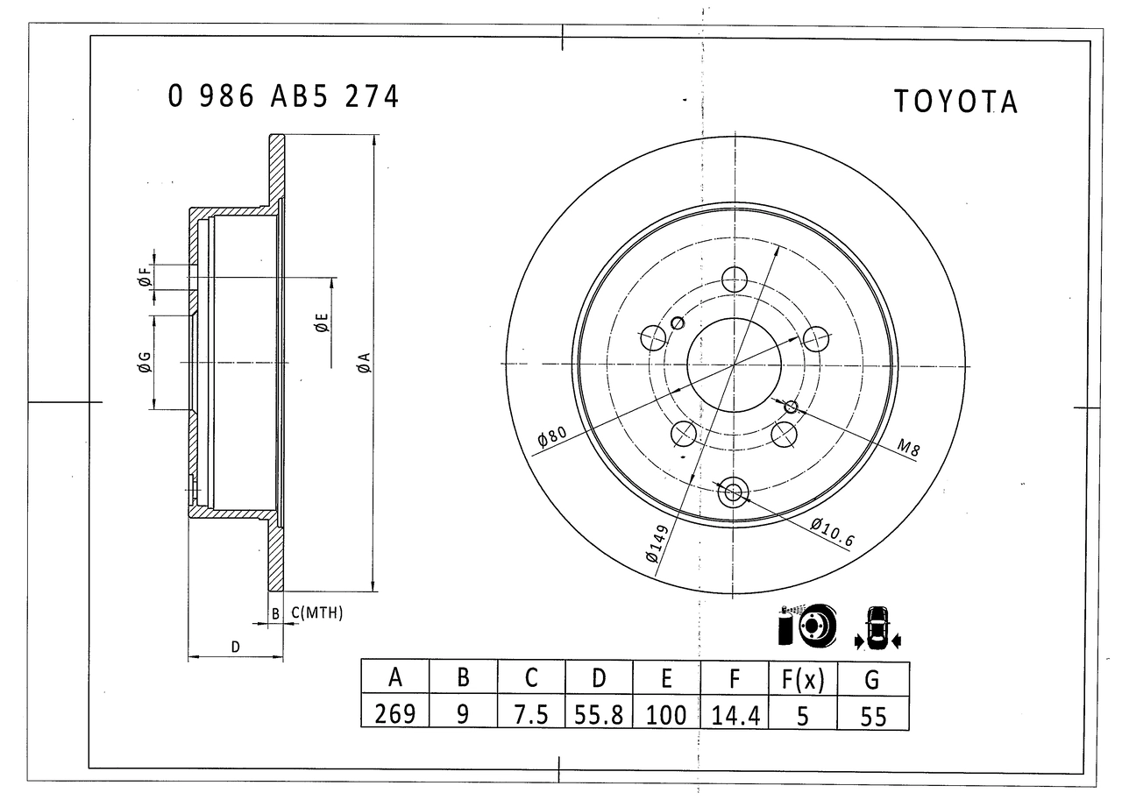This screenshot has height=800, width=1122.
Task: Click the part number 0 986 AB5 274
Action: (283, 96)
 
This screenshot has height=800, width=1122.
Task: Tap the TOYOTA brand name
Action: (955, 102)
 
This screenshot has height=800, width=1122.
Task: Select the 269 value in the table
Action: (394, 714)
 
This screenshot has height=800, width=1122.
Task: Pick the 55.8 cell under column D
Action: (599, 715)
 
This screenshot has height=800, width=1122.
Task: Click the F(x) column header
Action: (802, 680)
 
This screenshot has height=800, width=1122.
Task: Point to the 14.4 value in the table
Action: (735, 716)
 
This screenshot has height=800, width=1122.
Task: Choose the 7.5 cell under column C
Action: (531, 714)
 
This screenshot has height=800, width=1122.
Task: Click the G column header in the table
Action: (872, 680)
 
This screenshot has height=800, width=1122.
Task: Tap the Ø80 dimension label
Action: (551, 435)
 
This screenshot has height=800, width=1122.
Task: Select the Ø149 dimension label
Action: (657, 543)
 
